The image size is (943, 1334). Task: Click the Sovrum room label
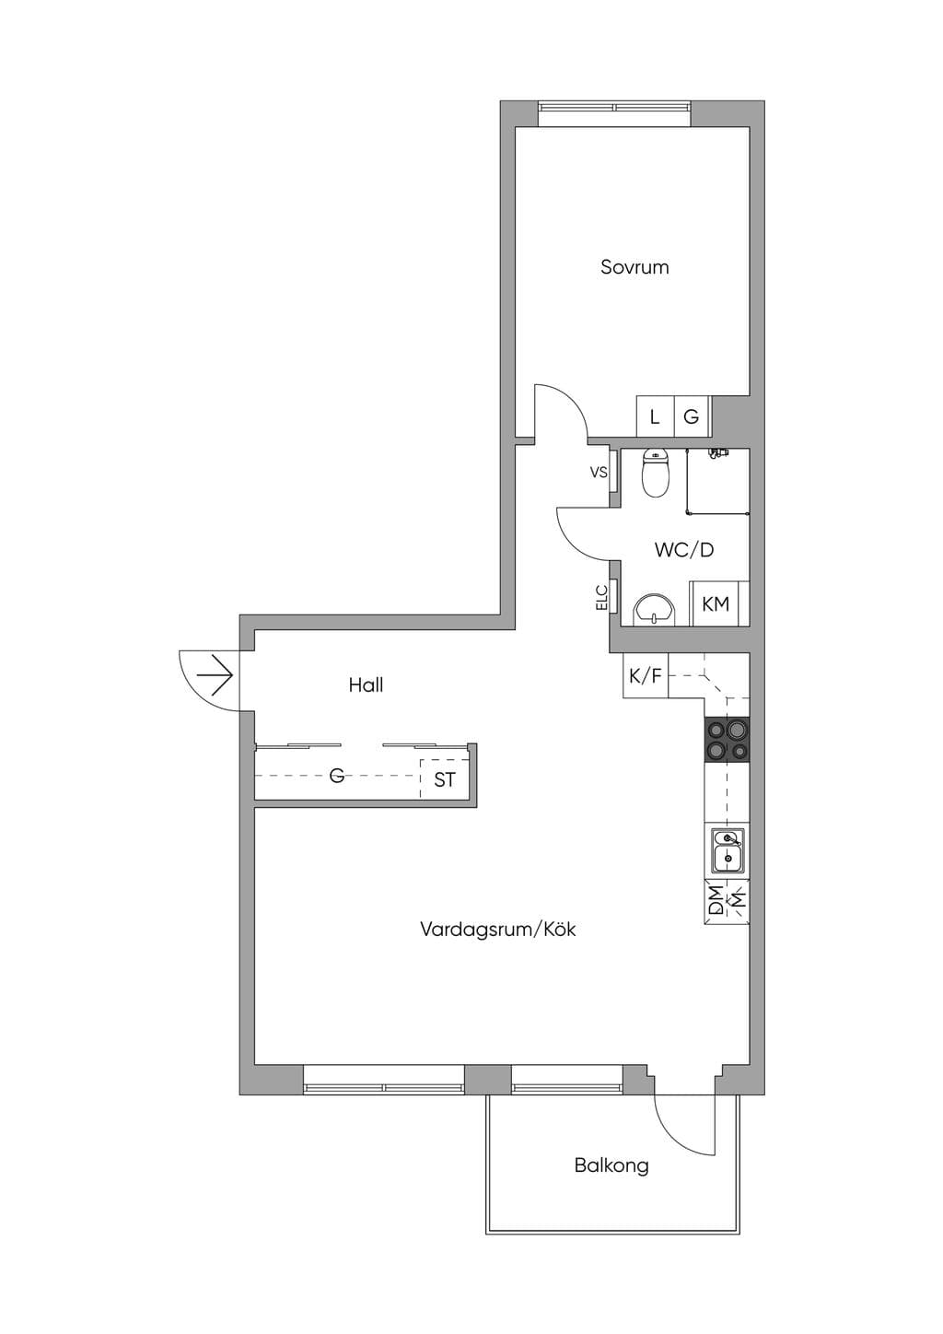[634, 267]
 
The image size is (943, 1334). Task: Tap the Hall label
[366, 685]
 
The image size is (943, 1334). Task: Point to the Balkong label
[611, 1165]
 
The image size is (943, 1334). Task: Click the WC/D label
[684, 550]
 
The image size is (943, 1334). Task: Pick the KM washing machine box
[718, 603]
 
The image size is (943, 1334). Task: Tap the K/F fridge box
[646, 675]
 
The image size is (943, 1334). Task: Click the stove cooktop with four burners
[727, 739]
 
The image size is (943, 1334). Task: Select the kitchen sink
[727, 849]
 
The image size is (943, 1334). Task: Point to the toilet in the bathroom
[656, 474]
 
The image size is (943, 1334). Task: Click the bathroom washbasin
[655, 609]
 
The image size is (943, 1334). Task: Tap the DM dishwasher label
[716, 900]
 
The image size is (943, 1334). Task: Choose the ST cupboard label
[444, 779]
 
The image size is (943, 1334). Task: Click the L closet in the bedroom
[655, 416]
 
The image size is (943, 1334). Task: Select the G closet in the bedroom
[692, 416]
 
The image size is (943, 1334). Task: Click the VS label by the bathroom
[599, 473]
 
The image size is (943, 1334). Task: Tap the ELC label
[601, 597]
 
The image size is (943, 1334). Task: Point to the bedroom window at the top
[614, 113]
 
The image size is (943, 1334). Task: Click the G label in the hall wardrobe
[337, 775]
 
